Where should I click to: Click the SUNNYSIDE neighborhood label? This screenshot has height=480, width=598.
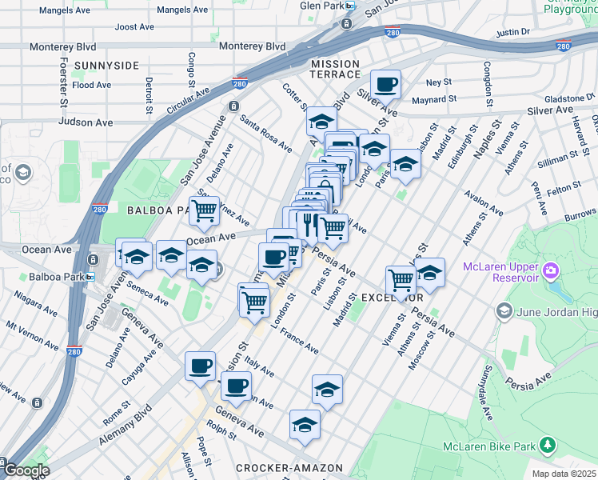point(106,66)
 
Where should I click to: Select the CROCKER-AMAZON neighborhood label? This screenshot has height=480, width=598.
point(289,467)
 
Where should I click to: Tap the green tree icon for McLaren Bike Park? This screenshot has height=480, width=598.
point(548,444)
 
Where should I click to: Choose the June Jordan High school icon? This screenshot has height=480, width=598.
point(504,310)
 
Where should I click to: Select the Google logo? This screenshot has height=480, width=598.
point(26,470)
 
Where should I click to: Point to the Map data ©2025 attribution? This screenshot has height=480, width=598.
point(564,474)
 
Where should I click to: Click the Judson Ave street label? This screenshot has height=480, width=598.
point(86,122)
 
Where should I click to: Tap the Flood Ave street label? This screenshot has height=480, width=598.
point(92,85)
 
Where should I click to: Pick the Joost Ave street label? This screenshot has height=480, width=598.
point(134,26)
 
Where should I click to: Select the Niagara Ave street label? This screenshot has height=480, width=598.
point(32,303)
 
